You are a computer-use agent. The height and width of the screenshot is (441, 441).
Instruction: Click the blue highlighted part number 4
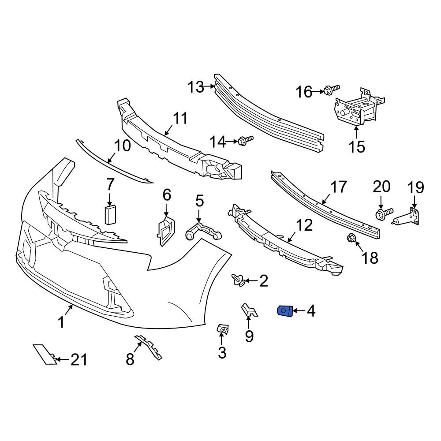pyautogui.click(x=284, y=311)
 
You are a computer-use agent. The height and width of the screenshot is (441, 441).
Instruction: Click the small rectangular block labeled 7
pyautogui.click(x=110, y=215)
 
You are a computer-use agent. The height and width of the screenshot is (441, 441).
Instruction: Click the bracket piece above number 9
pyautogui.click(x=249, y=310)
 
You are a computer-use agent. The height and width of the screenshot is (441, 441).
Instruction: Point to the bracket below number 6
pyautogui.click(x=165, y=230)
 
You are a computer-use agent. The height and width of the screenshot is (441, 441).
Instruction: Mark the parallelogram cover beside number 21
pyautogui.click(x=45, y=355)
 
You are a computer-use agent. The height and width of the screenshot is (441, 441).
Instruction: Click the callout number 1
pyautogui.click(x=62, y=322)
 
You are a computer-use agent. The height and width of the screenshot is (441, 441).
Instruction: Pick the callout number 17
pyautogui.click(x=339, y=187)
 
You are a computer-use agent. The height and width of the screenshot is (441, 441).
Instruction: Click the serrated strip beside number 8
pyautogui.click(x=149, y=347)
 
